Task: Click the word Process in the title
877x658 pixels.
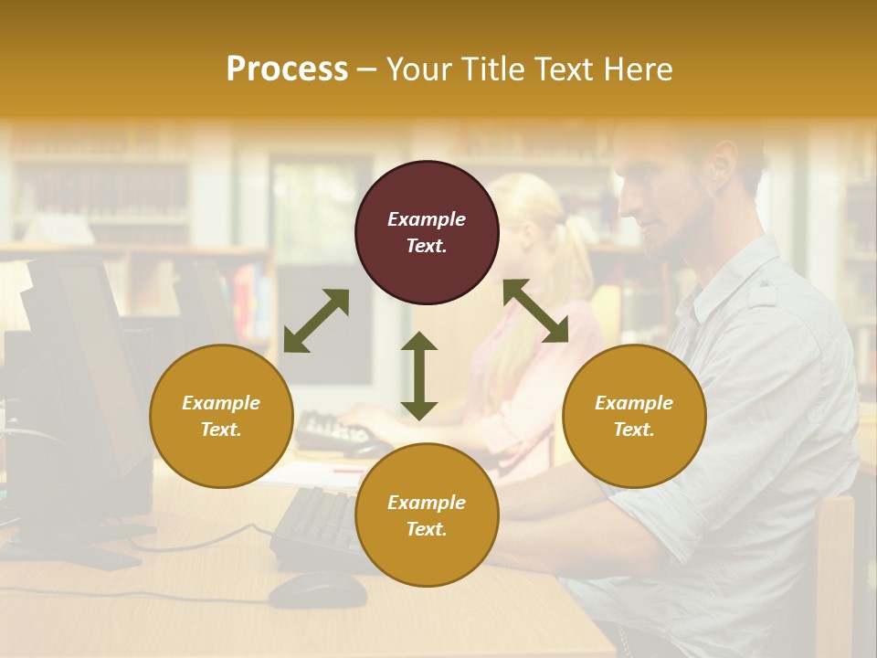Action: (287, 69)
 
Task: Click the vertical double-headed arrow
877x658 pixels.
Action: (419, 376)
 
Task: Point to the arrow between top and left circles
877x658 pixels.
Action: (316, 321)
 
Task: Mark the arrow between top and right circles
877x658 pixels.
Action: (535, 311)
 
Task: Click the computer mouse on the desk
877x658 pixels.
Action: (319, 589)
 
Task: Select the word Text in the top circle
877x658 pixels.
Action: (427, 246)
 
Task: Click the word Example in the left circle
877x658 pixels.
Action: (221, 403)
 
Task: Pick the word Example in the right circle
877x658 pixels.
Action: (634, 403)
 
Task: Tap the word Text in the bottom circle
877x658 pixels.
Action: (427, 529)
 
